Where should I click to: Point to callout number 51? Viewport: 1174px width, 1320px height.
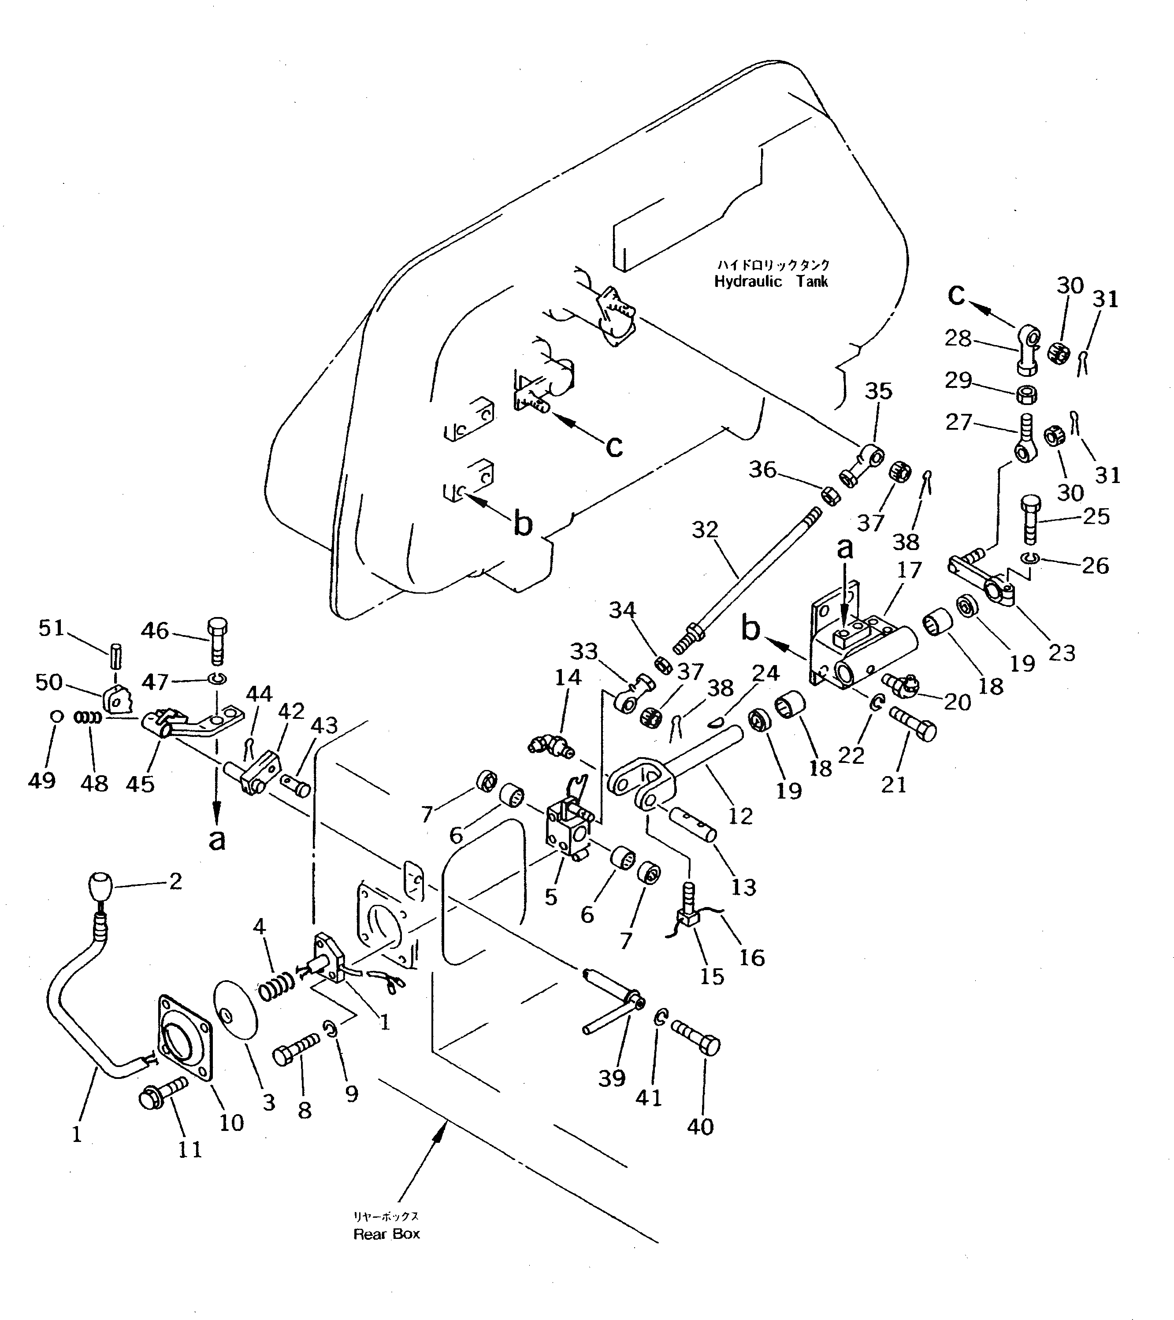[x=51, y=628]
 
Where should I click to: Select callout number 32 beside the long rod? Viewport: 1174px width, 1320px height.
[x=705, y=530]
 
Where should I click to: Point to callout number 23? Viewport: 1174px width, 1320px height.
[x=1062, y=652]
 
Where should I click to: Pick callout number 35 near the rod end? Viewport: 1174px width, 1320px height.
[x=878, y=390]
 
